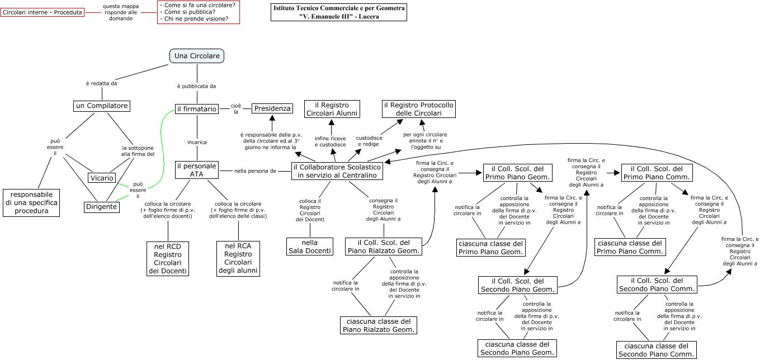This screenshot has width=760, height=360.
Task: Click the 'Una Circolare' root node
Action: [x=197, y=56]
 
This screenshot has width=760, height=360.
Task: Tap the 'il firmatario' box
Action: [x=196, y=109]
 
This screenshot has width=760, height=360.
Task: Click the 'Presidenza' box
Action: [x=272, y=108]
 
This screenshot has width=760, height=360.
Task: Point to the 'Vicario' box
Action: [x=101, y=178]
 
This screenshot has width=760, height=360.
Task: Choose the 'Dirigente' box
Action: [x=102, y=207]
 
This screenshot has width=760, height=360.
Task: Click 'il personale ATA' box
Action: [x=196, y=170]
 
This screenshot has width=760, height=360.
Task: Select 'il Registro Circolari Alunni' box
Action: [x=332, y=109]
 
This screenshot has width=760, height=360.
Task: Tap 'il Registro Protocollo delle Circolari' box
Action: [x=419, y=109]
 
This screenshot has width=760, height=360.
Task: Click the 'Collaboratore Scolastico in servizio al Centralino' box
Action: [x=337, y=171]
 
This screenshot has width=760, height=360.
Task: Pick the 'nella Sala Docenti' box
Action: [x=310, y=247]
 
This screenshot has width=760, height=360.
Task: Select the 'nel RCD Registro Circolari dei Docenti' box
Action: [x=168, y=258]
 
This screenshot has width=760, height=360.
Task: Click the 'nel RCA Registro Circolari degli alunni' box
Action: [x=238, y=258]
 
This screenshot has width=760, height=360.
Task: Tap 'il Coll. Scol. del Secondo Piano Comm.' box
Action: [x=657, y=285]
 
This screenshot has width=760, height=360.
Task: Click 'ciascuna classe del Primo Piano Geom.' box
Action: [x=491, y=248]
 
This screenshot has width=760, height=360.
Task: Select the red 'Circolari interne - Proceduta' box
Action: [x=43, y=12]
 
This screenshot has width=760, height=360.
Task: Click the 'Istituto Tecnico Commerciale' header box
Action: [x=339, y=12]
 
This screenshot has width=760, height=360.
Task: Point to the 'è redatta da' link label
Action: [x=102, y=83]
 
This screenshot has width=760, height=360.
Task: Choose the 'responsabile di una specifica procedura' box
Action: [x=31, y=202]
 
